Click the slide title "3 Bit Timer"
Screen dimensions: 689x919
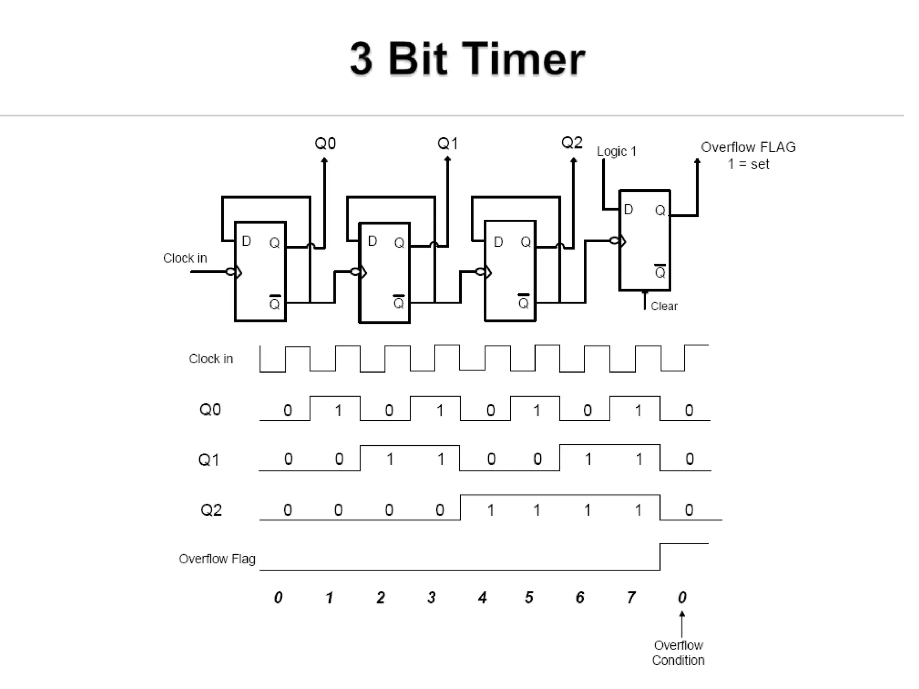coord(467,59)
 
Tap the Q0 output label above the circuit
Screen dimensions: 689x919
coord(325,144)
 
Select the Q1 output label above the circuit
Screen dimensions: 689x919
coord(447,144)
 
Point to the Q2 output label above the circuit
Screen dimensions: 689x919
coord(572,143)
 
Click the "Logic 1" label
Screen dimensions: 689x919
coord(616,152)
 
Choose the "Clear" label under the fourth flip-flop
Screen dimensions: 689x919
coord(664,306)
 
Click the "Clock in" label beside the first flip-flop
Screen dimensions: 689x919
coord(185,258)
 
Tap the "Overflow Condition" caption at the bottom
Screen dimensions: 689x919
coord(678,653)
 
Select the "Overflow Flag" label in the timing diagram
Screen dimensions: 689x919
coord(217,559)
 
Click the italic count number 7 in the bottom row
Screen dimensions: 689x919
coord(631,597)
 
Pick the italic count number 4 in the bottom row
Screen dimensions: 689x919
coord(482,597)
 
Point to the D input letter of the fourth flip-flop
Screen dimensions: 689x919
coord(628,209)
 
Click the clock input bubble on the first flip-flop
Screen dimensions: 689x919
coord(231,272)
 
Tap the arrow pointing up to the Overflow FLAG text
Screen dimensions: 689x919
coord(697,162)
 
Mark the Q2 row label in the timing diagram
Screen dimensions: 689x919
coord(211,510)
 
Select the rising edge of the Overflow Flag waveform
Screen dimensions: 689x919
coord(660,557)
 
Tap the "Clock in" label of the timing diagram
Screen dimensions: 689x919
coord(211,359)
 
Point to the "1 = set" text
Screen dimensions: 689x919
coord(748,164)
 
